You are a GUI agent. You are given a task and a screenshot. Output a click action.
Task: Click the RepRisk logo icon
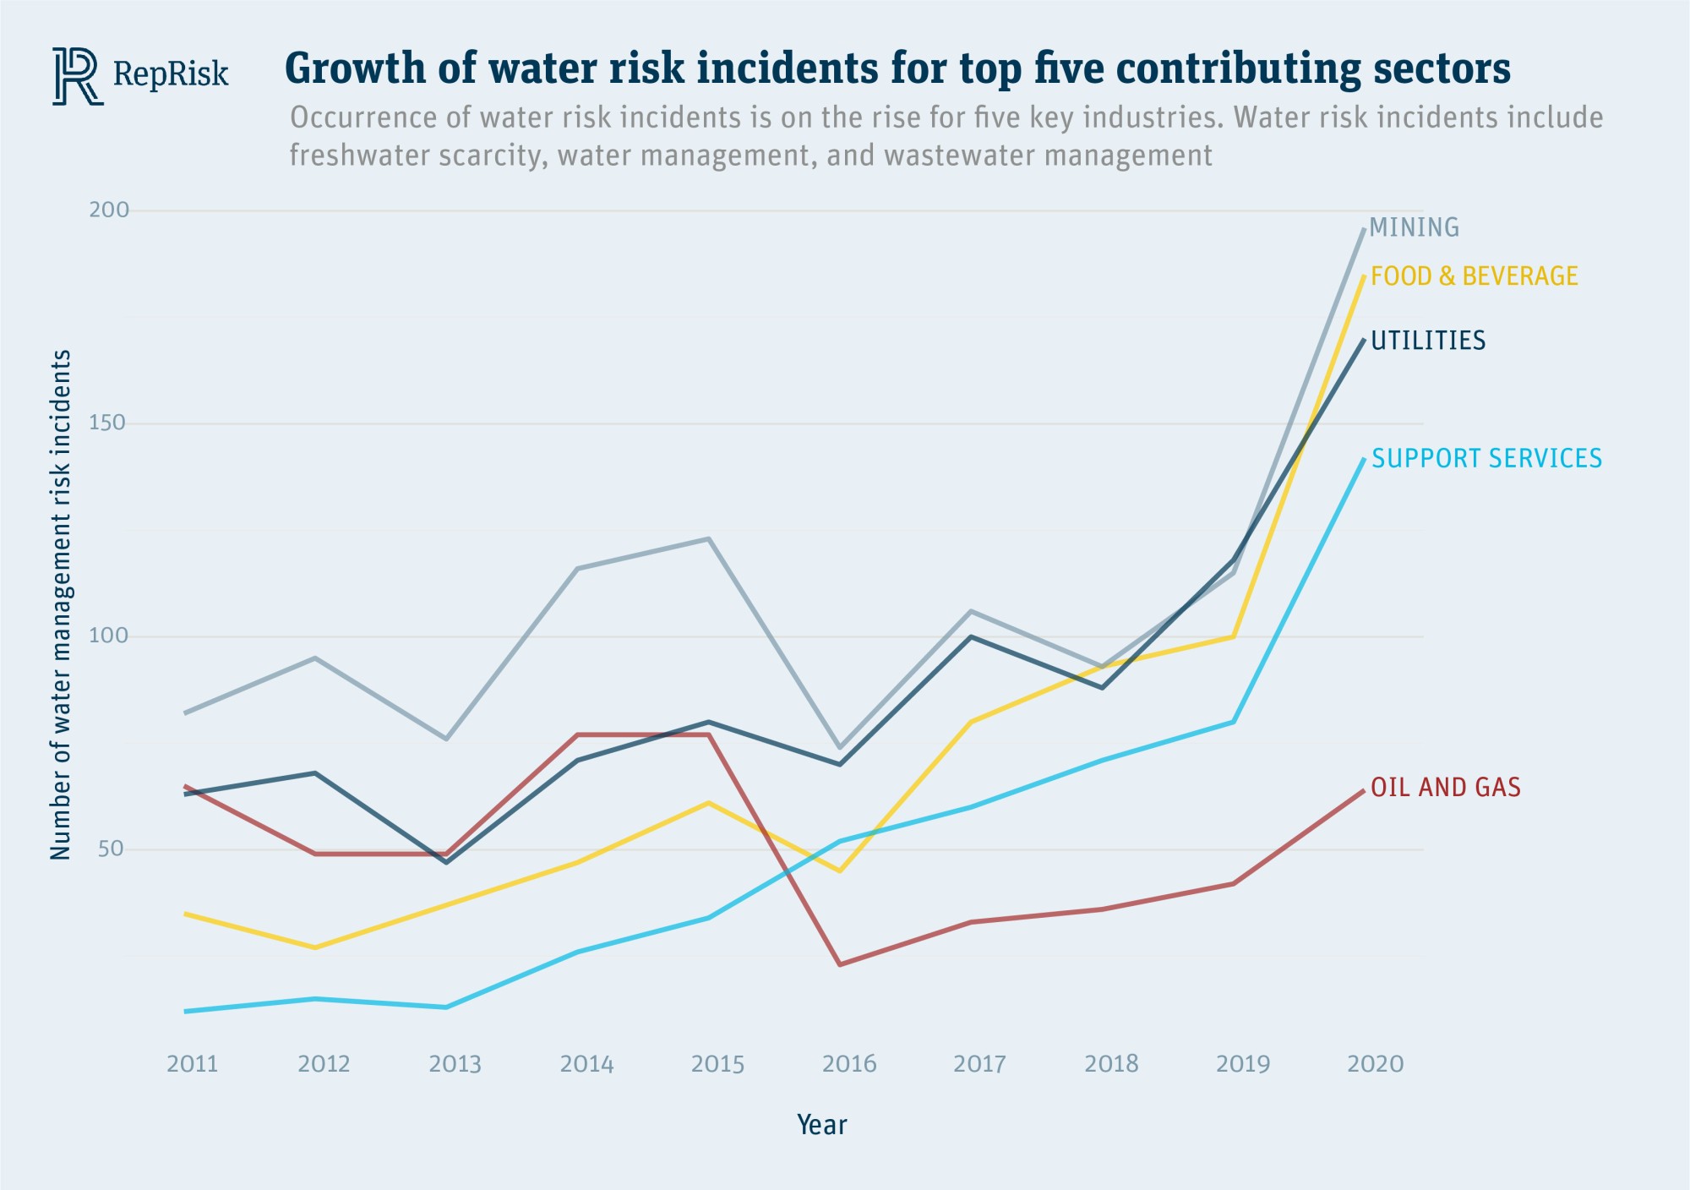pyautogui.click(x=77, y=76)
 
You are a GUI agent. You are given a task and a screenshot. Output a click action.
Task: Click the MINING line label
pyautogui.click(x=1414, y=227)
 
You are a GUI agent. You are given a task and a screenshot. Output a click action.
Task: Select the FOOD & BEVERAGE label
pyautogui.click(x=1474, y=276)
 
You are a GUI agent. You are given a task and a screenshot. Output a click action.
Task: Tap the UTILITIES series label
pyautogui.click(x=1428, y=341)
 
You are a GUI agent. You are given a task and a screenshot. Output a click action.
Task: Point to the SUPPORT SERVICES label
pyautogui.click(x=1486, y=459)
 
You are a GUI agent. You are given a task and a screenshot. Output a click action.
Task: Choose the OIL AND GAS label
pyautogui.click(x=1445, y=788)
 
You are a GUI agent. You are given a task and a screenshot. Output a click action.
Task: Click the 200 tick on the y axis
pyautogui.click(x=109, y=210)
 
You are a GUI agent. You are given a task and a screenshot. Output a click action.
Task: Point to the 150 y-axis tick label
pyautogui.click(x=107, y=423)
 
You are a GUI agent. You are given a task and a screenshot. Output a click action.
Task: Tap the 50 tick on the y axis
pyautogui.click(x=111, y=849)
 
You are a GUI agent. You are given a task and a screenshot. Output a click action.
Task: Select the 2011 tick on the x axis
pyautogui.click(x=193, y=1064)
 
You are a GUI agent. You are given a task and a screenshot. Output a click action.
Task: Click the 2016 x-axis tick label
pyautogui.click(x=849, y=1064)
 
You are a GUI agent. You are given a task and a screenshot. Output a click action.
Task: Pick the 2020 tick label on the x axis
pyautogui.click(x=1375, y=1064)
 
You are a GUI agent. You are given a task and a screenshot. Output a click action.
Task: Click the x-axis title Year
pyautogui.click(x=821, y=1125)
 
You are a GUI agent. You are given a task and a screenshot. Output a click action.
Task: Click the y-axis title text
pyautogui.click(x=61, y=605)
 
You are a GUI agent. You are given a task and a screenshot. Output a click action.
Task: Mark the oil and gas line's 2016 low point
pyautogui.click(x=840, y=964)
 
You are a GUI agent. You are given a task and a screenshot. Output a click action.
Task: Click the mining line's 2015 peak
pyautogui.click(x=709, y=538)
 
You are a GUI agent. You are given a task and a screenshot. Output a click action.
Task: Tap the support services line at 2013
pyautogui.click(x=446, y=1007)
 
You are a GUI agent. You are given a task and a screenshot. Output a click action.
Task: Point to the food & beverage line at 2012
pyautogui.click(x=315, y=947)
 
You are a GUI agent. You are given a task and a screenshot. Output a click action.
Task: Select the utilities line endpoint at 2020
pyautogui.click(x=1363, y=340)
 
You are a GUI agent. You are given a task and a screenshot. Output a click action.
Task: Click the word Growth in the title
pyautogui.click(x=356, y=68)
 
